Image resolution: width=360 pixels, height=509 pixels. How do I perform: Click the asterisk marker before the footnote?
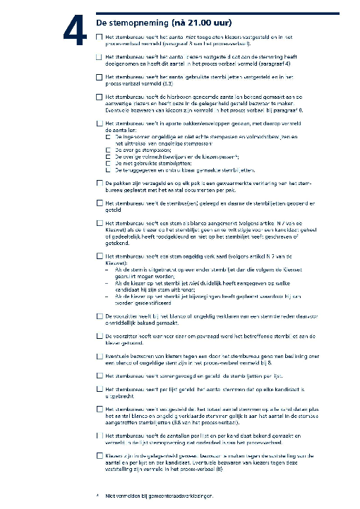point(96,496)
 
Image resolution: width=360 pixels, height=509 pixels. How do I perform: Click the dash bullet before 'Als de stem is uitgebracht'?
point(106,268)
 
